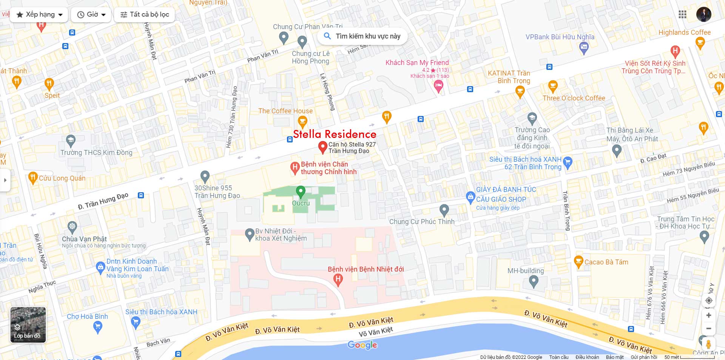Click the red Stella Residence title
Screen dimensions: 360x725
(335, 134)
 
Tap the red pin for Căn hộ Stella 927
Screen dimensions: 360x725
(322, 147)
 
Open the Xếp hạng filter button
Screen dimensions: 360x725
(39, 14)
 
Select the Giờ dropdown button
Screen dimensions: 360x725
(91, 14)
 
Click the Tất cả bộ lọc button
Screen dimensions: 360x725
(144, 14)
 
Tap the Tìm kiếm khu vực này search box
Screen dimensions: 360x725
(362, 36)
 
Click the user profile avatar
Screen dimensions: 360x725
(703, 14)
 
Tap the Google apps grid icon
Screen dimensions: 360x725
(682, 14)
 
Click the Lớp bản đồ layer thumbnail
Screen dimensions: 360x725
(28, 324)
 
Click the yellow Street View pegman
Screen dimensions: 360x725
(708, 344)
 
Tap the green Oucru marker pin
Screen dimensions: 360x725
(301, 191)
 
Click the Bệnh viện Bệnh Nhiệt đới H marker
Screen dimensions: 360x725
(338, 280)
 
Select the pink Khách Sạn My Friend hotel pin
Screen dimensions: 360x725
(438, 86)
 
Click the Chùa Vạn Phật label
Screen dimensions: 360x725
(84, 239)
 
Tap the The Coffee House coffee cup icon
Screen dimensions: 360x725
(302, 121)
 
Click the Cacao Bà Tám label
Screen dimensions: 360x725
(606, 262)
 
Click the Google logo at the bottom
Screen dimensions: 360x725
(362, 345)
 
